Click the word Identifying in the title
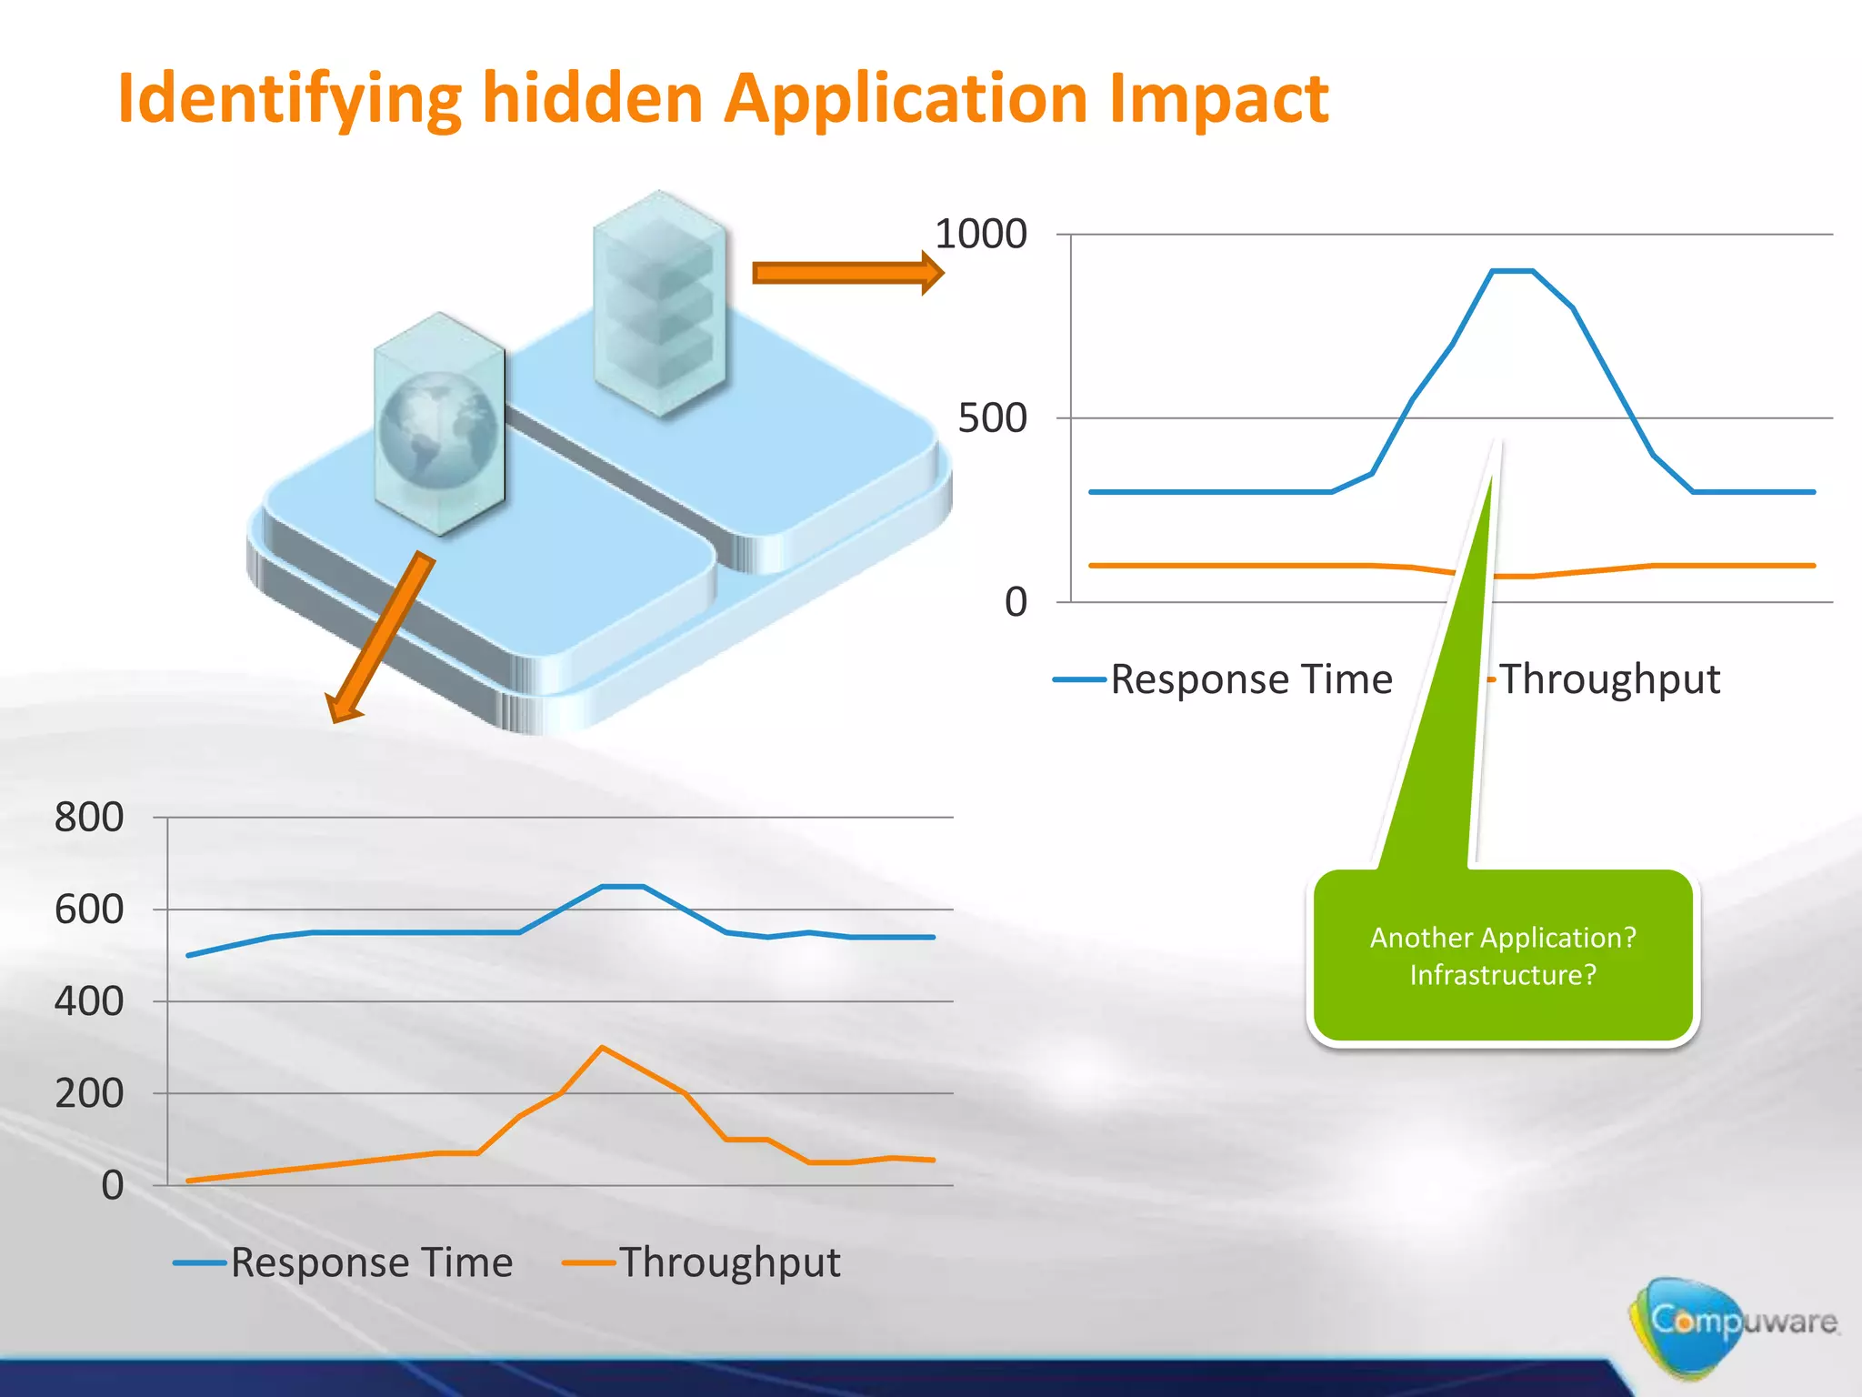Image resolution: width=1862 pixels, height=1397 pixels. pyautogui.click(x=289, y=98)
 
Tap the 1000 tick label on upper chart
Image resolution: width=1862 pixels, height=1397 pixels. pyautogui.click(x=980, y=235)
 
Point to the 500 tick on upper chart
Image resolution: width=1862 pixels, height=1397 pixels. pyautogui.click(x=992, y=419)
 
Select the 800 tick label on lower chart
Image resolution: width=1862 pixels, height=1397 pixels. pyautogui.click(x=89, y=818)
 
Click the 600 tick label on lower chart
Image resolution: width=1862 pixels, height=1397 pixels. pyautogui.click(x=89, y=910)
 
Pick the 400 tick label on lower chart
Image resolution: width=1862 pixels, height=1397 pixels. pyautogui.click(x=89, y=1001)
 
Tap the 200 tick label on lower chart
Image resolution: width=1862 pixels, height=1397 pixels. pyautogui.click(x=89, y=1093)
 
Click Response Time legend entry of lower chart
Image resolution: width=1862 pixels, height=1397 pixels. pyautogui.click(x=371, y=1262)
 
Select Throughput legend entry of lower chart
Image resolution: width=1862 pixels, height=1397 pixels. pyautogui.click(x=729, y=1262)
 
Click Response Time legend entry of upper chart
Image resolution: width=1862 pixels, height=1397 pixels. pyautogui.click(x=1251, y=679)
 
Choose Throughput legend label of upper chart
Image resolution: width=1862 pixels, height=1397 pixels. pyautogui.click(x=1609, y=679)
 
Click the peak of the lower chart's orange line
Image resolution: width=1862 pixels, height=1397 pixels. pyautogui.click(x=602, y=1048)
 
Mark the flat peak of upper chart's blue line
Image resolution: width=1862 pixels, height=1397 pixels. pyautogui.click(x=1512, y=271)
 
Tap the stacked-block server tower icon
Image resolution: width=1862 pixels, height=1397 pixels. pyautogui.click(x=659, y=305)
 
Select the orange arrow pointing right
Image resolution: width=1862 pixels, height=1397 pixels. pyautogui.click(x=846, y=273)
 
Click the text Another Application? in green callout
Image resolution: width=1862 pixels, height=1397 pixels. pyautogui.click(x=1503, y=938)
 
